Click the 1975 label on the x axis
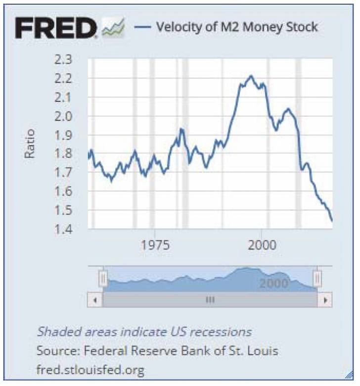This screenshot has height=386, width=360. coord(155,245)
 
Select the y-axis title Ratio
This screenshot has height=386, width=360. coord(29,144)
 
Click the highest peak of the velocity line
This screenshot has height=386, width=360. coord(251,76)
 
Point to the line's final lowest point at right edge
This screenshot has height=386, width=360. coord(331,221)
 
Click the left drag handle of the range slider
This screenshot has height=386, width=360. coord(103,279)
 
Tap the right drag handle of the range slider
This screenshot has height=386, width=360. coord(317,279)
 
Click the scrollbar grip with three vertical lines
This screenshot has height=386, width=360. coord(210,300)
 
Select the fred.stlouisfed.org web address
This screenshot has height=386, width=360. coord(90,369)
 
